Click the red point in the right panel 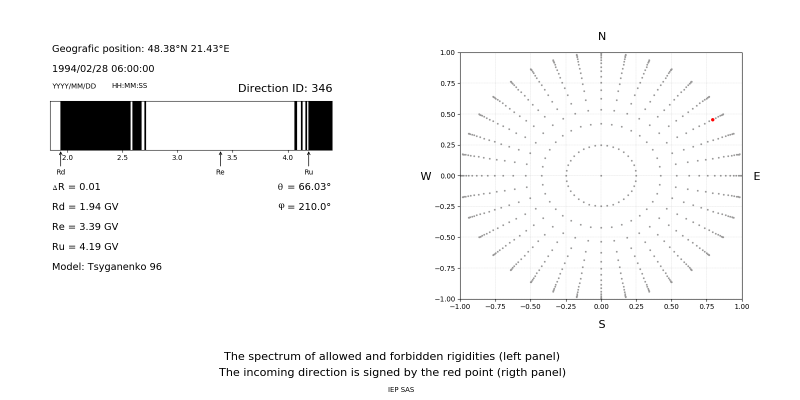point(712,120)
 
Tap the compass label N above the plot point(602,36)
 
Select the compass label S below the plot point(602,324)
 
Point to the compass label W point(425,176)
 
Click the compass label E point(756,176)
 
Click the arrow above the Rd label point(60,158)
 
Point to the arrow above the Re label point(220,158)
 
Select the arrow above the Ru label point(308,158)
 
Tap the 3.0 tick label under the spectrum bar point(177,158)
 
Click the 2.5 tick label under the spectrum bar point(122,158)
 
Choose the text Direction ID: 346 point(285,88)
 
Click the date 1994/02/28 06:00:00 point(103,69)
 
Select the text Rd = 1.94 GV point(85,207)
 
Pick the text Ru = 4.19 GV point(85,247)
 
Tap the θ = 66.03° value point(304,187)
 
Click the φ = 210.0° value point(304,207)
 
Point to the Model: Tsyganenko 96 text point(107,267)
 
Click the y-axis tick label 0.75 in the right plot point(447,83)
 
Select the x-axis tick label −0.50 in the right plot point(530,306)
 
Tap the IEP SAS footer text point(401,390)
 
